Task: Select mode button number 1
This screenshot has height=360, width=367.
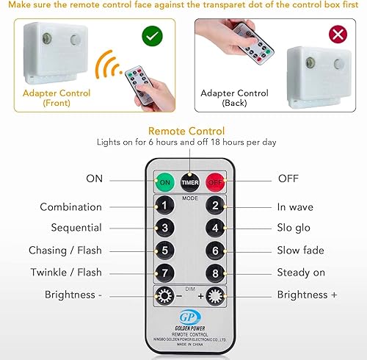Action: pyautogui.click(x=166, y=206)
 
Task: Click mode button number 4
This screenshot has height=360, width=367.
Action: pyautogui.click(x=214, y=228)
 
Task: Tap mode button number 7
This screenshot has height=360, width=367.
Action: pyautogui.click(x=166, y=273)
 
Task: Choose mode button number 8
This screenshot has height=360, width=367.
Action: pyautogui.click(x=214, y=273)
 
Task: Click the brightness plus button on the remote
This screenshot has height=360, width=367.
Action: pyautogui.click(x=215, y=295)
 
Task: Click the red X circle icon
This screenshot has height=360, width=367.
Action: pyautogui.click(x=338, y=35)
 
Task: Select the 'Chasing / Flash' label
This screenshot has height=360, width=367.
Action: pyautogui.click(x=65, y=251)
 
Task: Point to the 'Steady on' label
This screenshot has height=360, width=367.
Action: pyautogui.click(x=301, y=273)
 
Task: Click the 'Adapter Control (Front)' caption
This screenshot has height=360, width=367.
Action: pyautogui.click(x=57, y=98)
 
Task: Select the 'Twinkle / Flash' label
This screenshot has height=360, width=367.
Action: pyautogui.click(x=66, y=273)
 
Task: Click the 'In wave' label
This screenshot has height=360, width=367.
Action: pyautogui.click(x=295, y=207)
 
